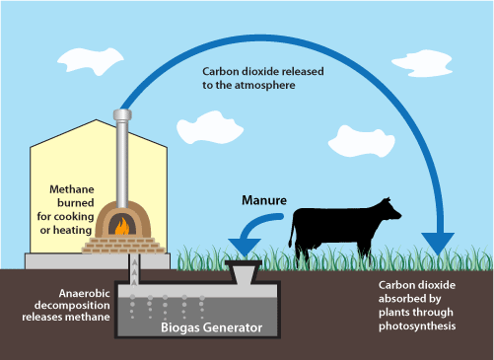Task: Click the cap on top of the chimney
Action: click(122, 114)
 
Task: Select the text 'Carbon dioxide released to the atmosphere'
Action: click(264, 79)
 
